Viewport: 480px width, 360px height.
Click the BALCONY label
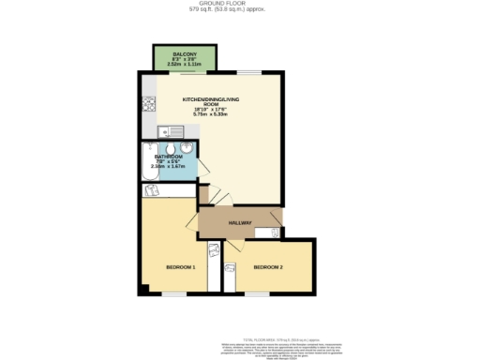183,55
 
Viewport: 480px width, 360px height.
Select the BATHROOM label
168,157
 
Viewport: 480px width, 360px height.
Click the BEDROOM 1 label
180,267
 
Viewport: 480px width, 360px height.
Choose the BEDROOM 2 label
268,267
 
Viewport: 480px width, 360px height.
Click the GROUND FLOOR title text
240,5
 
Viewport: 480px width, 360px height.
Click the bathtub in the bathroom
150,163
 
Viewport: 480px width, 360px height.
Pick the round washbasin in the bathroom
187,148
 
